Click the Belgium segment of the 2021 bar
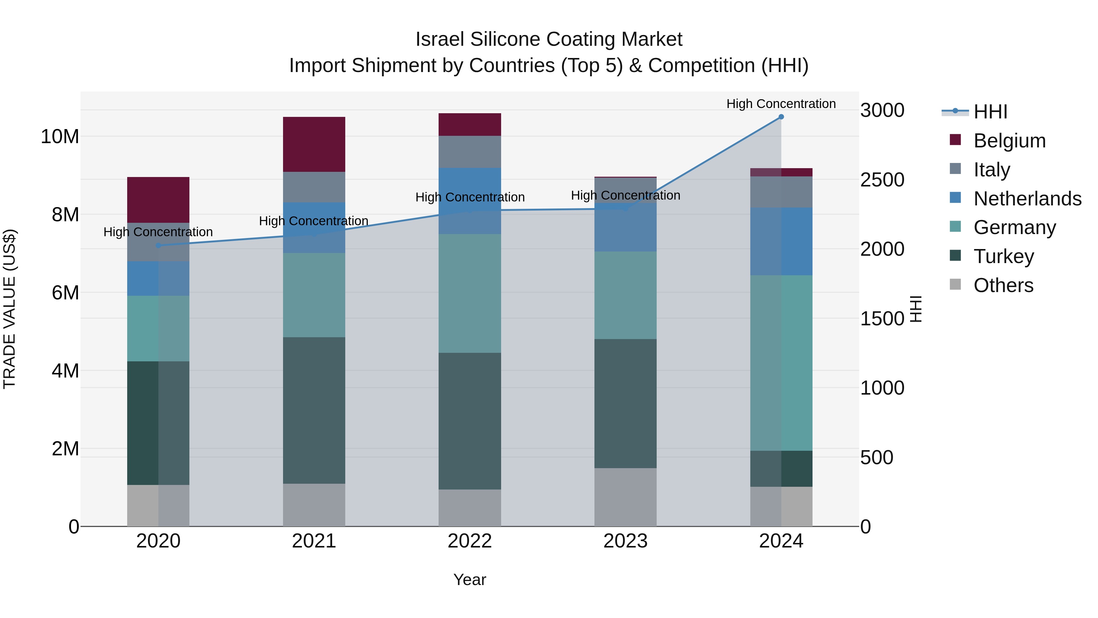[x=314, y=144]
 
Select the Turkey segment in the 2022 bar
[x=470, y=421]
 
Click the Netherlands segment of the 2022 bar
[x=470, y=201]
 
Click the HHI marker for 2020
[x=158, y=245]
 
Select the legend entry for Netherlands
[x=1027, y=199]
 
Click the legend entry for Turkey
[x=1003, y=256]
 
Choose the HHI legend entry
[x=990, y=112]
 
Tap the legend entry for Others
[x=1003, y=285]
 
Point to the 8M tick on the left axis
[x=65, y=215]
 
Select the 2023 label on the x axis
[x=625, y=541]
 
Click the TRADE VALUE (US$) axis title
[x=9, y=309]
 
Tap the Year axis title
[x=469, y=580]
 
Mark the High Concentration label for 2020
[x=158, y=232]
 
